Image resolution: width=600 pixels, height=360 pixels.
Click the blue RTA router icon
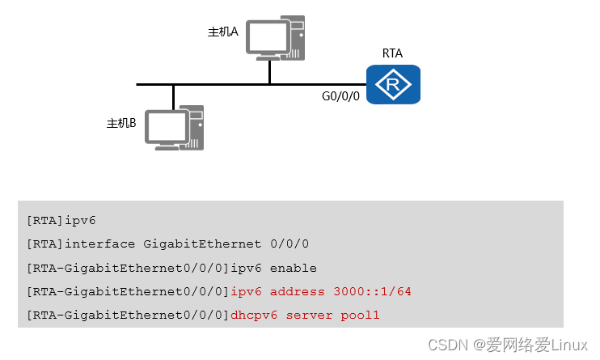(393, 84)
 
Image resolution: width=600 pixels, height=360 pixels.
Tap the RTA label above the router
(392, 53)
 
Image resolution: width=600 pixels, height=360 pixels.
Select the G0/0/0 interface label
(340, 96)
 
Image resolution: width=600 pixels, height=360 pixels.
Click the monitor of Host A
(268, 37)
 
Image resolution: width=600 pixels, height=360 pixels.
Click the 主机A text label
(222, 32)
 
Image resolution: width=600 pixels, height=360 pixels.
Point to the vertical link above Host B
(173, 96)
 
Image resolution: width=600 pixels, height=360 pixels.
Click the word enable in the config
(293, 268)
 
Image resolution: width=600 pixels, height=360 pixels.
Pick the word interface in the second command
(101, 244)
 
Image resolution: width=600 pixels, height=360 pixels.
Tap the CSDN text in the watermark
(443, 345)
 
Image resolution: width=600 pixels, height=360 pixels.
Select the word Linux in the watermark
(570, 345)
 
